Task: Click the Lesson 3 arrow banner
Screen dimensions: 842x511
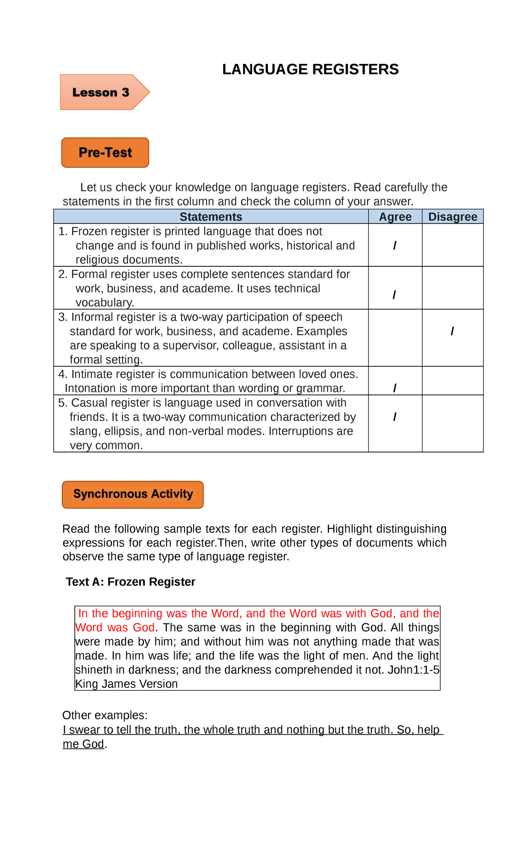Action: click(102, 92)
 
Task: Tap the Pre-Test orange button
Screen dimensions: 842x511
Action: click(105, 153)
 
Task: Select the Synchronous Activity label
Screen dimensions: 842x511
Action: click(133, 494)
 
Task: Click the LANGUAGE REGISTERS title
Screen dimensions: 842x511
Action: click(310, 69)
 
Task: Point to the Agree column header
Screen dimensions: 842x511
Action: click(395, 217)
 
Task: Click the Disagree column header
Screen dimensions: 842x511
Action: click(453, 217)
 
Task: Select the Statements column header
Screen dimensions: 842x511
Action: click(211, 217)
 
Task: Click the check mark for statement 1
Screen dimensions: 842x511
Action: click(395, 245)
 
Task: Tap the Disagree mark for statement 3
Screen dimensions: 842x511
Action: click(452, 331)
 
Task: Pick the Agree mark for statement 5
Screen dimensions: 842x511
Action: click(395, 417)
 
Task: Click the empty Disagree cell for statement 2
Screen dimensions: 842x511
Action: click(453, 288)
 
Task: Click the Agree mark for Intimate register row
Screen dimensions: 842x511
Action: click(395, 388)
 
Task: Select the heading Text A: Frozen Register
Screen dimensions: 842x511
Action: click(131, 582)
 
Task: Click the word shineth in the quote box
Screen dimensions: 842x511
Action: click(94, 670)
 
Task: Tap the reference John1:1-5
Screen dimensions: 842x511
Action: click(413, 670)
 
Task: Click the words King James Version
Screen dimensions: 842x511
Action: click(126, 684)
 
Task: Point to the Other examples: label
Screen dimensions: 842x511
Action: click(105, 715)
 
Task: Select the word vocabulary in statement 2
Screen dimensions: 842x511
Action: click(104, 303)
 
